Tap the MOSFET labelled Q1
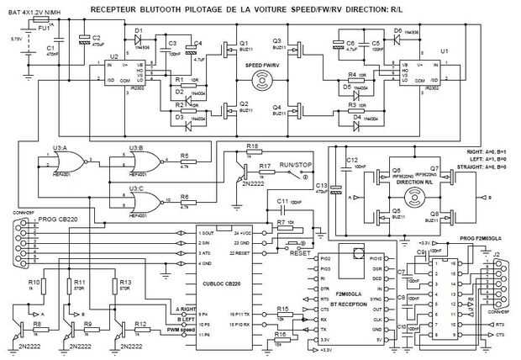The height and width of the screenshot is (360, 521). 228,50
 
